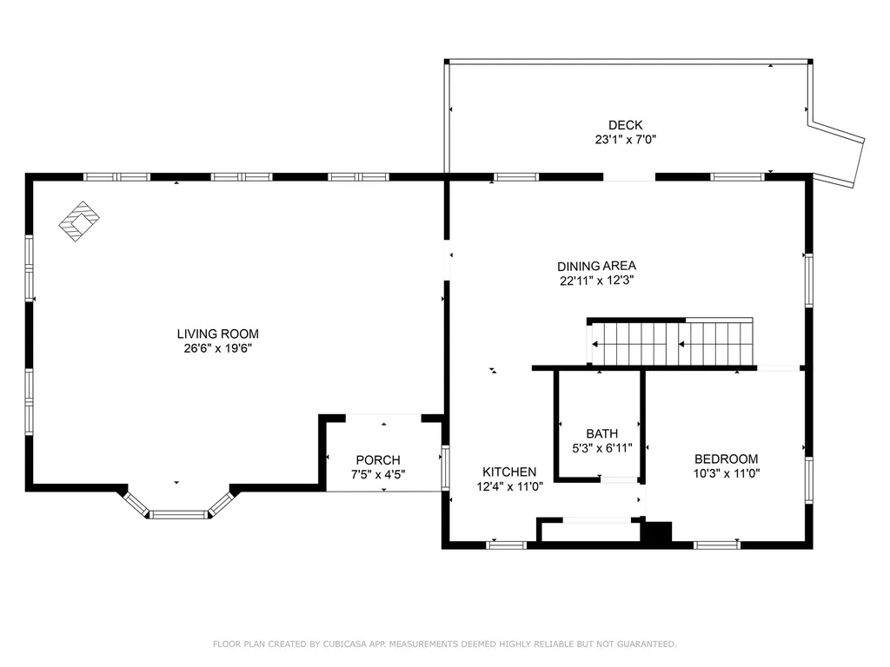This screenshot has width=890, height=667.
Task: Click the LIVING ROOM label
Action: pos(217,333)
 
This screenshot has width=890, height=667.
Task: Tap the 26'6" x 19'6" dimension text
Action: pos(217,348)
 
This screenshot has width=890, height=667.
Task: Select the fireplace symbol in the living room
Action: pos(79,221)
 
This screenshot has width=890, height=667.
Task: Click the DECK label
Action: pos(625,125)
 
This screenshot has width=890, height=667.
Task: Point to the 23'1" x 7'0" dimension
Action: pos(625,139)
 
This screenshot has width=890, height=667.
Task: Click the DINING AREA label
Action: pos(597,266)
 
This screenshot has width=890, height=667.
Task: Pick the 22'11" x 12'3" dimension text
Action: pos(597,281)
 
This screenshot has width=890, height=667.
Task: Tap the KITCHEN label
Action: pos(509,472)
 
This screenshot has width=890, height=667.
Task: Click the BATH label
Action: pos(601,433)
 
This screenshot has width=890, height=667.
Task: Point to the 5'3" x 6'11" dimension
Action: pos(601,448)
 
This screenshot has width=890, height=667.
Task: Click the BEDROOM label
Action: pos(726,459)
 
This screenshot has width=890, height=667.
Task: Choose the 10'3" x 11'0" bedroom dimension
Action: pos(726,473)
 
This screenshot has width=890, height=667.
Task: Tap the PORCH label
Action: pos(378,459)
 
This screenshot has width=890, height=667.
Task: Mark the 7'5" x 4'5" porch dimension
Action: pos(378,474)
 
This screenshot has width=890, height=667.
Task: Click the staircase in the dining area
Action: pos(671,343)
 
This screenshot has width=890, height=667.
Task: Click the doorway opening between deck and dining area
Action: pos(629,177)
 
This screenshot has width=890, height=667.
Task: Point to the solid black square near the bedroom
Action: pos(656,532)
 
